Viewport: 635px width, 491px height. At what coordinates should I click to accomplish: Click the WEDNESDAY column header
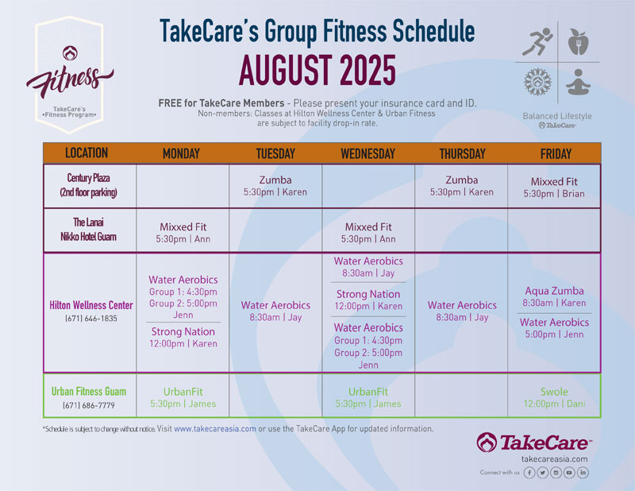pyautogui.click(x=368, y=153)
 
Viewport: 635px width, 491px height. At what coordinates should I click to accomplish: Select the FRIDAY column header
pyautogui.click(x=556, y=153)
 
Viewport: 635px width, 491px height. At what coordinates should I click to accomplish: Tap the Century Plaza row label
pyautogui.click(x=88, y=185)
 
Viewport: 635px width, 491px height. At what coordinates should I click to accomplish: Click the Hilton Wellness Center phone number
pyautogui.click(x=91, y=319)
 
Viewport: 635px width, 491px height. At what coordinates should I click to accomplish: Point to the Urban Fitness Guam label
pyautogui.click(x=89, y=391)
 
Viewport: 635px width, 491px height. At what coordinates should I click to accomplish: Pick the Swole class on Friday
pyautogui.click(x=554, y=398)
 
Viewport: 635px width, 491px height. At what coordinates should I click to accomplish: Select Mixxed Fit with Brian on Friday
pyautogui.click(x=554, y=188)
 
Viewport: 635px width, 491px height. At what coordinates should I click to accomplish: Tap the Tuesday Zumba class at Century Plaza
pyautogui.click(x=275, y=186)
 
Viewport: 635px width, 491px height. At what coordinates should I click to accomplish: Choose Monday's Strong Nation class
pyautogui.click(x=183, y=338)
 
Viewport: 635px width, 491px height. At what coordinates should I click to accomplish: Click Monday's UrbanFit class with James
pyautogui.click(x=183, y=398)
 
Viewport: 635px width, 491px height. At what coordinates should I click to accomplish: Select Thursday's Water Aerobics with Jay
pyautogui.click(x=462, y=311)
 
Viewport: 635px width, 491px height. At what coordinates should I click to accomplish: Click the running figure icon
pyautogui.click(x=537, y=41)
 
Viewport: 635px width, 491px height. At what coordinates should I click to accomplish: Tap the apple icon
pyautogui.click(x=578, y=42)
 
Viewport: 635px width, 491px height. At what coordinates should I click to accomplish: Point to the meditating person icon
pyautogui.click(x=578, y=83)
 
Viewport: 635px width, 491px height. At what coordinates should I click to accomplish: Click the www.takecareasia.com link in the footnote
pyautogui.click(x=215, y=429)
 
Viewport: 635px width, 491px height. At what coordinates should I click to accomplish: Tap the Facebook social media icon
pyautogui.click(x=529, y=473)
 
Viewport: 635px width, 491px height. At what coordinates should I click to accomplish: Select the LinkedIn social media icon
pyautogui.click(x=583, y=473)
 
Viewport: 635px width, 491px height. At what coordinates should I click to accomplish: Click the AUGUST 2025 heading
pyautogui.click(x=317, y=71)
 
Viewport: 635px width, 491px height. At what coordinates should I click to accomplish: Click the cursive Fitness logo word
pyautogui.click(x=70, y=80)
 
